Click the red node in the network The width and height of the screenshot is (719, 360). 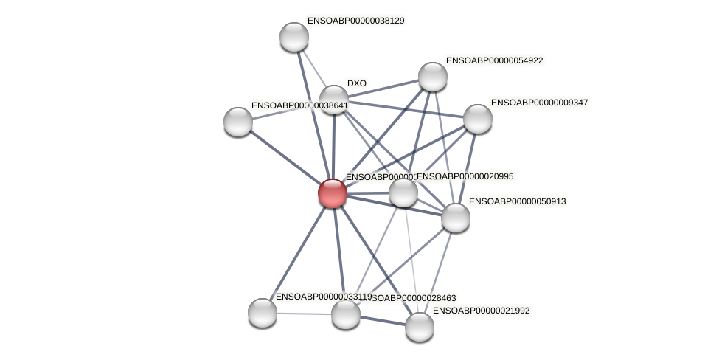click(x=333, y=193)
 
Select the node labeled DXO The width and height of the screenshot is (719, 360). click(x=333, y=99)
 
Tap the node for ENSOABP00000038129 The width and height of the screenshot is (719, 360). click(x=293, y=37)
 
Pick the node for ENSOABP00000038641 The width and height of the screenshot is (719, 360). click(x=238, y=122)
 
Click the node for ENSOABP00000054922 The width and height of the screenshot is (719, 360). click(x=433, y=77)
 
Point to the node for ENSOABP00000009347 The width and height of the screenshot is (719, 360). click(x=477, y=119)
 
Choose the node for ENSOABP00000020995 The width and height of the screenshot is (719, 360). click(x=403, y=193)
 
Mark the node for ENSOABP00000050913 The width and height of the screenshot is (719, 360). click(x=455, y=218)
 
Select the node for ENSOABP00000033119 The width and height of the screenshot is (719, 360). click(x=263, y=312)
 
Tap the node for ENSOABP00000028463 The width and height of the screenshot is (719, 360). click(x=345, y=314)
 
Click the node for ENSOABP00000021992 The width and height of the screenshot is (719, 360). click(x=419, y=327)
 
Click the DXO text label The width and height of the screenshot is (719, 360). click(x=357, y=83)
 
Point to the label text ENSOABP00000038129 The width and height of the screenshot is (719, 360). click(x=355, y=21)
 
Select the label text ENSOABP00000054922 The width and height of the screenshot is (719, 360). click(x=494, y=60)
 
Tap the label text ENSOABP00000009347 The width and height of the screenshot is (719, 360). click(x=539, y=103)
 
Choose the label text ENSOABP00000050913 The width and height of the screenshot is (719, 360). click(x=517, y=201)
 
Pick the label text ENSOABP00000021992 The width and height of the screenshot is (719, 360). click(x=481, y=311)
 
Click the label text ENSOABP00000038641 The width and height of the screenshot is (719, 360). click(x=299, y=105)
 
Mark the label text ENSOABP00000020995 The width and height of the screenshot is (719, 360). click(x=466, y=176)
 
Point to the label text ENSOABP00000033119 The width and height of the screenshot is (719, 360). click(x=323, y=297)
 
